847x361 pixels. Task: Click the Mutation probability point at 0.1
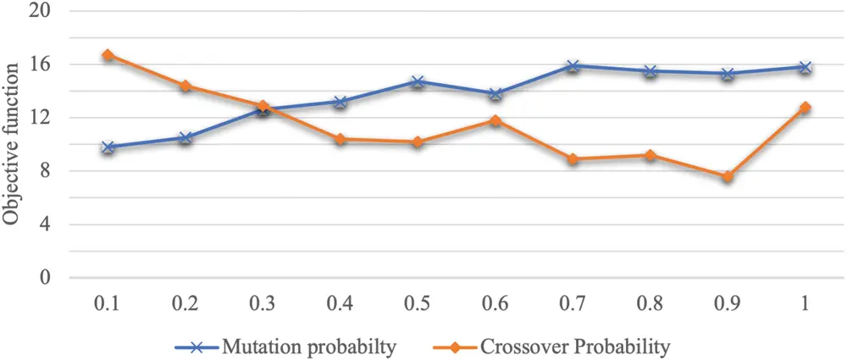click(x=107, y=147)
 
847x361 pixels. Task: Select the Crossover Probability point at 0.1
click(x=107, y=55)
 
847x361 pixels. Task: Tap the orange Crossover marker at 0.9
click(x=728, y=177)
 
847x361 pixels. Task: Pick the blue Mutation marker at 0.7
click(x=573, y=65)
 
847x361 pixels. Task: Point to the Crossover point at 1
click(x=805, y=108)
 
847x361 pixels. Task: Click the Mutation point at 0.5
click(x=418, y=82)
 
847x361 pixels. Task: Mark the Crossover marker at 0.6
click(x=495, y=120)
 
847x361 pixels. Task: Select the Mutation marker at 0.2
click(x=185, y=137)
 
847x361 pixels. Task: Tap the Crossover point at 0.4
click(x=340, y=139)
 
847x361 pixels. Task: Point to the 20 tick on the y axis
click(x=42, y=11)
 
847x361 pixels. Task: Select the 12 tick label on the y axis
click(x=42, y=118)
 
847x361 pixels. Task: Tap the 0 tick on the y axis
click(x=46, y=278)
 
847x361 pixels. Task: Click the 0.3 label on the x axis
click(x=262, y=303)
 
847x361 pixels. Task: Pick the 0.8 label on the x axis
click(x=650, y=303)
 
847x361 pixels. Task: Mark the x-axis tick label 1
click(x=805, y=303)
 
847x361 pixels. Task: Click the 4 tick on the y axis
click(x=46, y=225)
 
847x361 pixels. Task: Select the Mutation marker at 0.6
click(x=495, y=94)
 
